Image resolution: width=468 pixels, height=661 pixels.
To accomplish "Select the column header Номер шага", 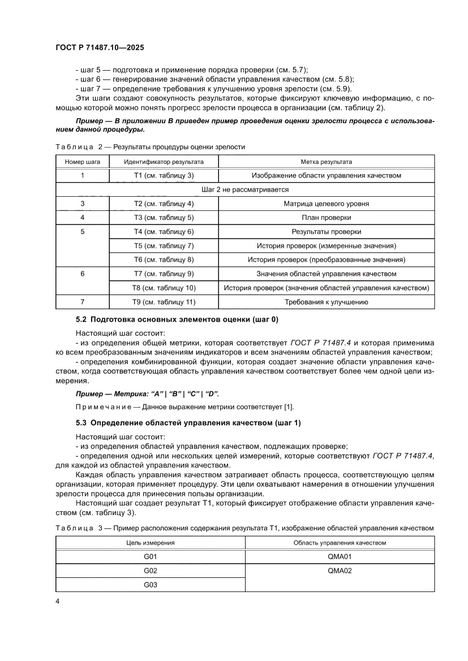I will (83, 161).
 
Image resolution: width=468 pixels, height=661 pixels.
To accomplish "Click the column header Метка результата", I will (326, 161).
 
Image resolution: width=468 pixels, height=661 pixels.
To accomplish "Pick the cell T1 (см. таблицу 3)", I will (164, 175).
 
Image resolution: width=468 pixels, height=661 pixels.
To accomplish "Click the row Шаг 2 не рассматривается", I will (244, 189).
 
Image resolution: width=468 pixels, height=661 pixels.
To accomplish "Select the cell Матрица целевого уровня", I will (326, 204).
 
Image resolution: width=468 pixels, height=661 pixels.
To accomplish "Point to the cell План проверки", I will (326, 218).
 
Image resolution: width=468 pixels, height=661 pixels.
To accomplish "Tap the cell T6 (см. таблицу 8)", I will (164, 260).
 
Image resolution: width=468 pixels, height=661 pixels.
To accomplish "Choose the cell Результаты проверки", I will (326, 232).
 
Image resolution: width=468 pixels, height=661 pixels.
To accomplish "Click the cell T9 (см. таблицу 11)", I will (164, 302).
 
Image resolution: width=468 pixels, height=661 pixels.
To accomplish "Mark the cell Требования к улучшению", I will (326, 302).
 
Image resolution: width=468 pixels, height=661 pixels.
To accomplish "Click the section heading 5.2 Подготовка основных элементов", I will (177, 319).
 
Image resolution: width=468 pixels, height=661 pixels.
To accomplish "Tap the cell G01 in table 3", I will (150, 556).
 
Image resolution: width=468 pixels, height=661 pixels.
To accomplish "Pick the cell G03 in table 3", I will (150, 585).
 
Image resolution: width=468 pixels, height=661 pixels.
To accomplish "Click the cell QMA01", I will (340, 556).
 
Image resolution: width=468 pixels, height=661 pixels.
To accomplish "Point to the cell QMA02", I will (340, 571).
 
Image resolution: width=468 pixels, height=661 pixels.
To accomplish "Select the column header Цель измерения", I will (150, 542).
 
